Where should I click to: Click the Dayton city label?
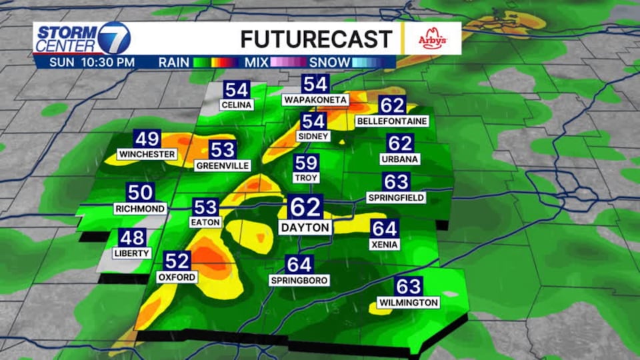pos(305,227)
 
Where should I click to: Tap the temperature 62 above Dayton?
pos(305,207)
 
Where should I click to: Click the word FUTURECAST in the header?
pos(315,39)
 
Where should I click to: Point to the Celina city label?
pos(236,105)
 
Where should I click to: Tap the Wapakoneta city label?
pos(315,100)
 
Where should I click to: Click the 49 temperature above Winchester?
pos(147,139)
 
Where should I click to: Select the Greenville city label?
pos(223,165)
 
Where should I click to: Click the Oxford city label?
pos(177,277)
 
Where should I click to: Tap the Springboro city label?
pos(299,281)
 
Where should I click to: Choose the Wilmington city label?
pos(408,303)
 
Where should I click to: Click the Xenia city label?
pos(385,245)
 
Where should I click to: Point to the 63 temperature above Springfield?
pos(396,182)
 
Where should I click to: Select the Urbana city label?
pos(400,159)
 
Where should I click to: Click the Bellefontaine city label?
pos(392,121)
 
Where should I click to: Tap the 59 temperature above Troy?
pos(307,163)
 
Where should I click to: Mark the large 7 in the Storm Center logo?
pos(113,38)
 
